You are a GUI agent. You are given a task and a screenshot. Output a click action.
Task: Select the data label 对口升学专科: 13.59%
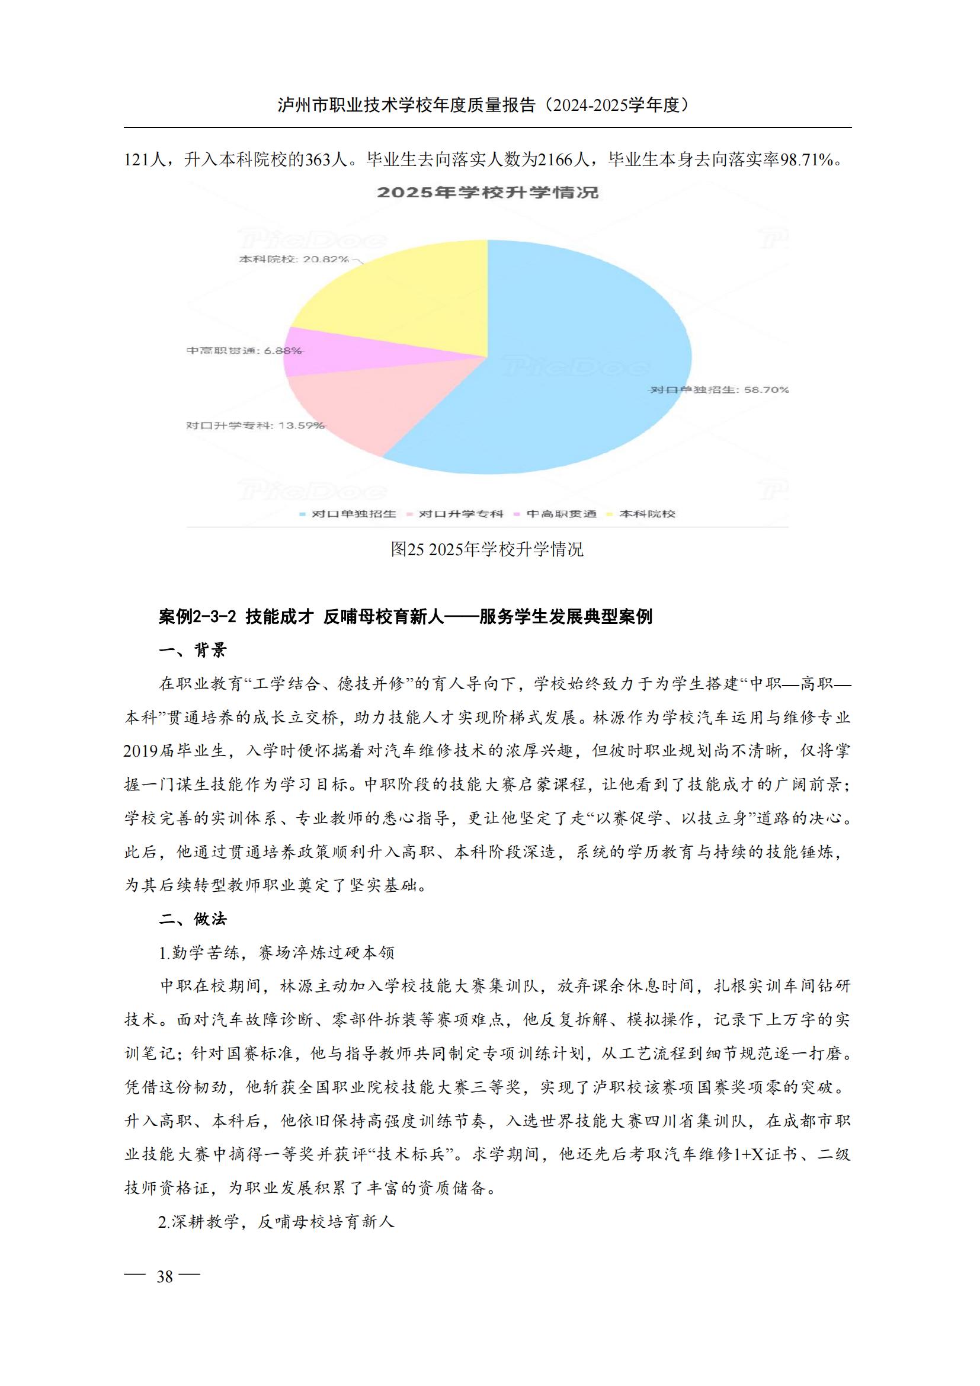[255, 425]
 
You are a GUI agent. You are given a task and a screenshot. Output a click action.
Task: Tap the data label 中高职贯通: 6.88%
[244, 351]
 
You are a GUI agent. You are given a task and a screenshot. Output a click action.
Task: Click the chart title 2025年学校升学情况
[488, 193]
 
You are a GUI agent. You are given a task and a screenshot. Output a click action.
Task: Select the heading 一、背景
[193, 650]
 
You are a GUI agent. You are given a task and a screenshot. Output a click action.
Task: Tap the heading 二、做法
[193, 919]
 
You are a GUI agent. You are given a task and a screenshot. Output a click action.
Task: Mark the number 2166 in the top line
[555, 160]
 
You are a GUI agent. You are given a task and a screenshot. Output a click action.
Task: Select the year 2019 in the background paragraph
[140, 751]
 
